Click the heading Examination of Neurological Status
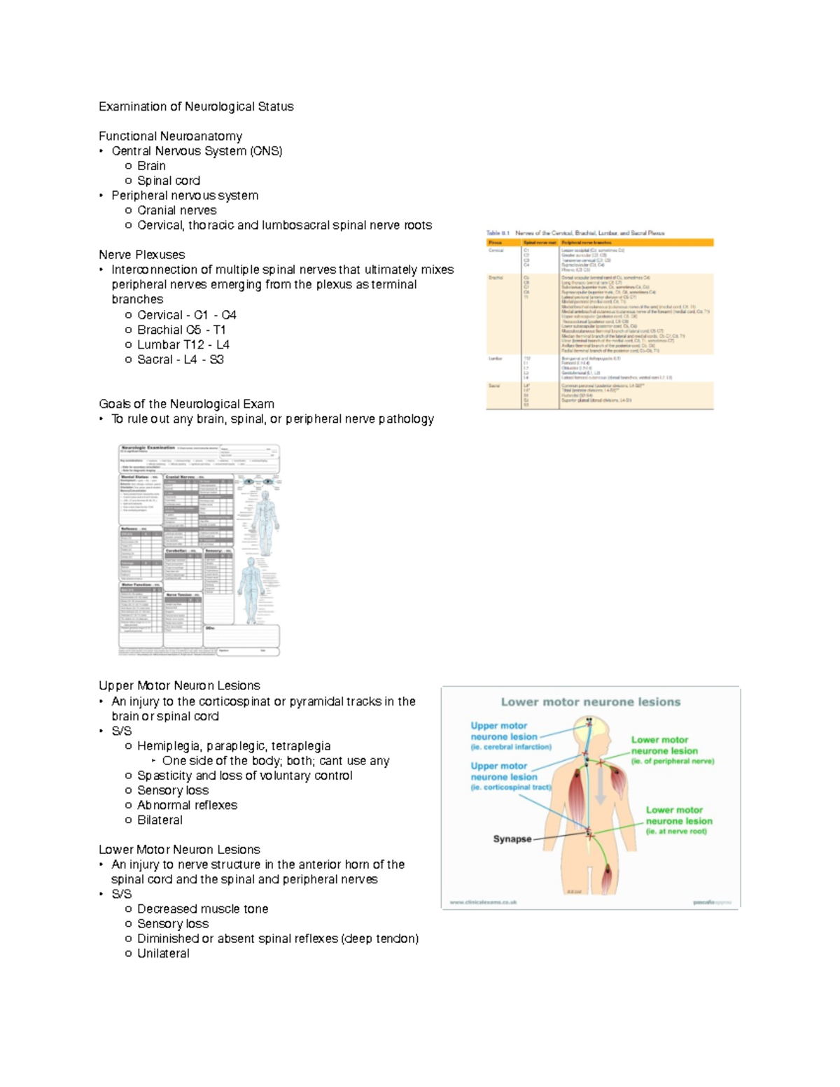(196, 106)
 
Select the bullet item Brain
(151, 166)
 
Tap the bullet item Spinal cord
(168, 181)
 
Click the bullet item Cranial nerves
(176, 210)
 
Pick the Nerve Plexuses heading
(142, 255)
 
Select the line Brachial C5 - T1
(181, 330)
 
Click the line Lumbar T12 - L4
(183, 344)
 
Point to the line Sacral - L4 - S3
(180, 359)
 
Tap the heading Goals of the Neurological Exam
(186, 404)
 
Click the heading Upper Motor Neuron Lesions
(179, 685)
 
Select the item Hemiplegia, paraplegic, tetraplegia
(234, 746)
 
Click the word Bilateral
(160, 820)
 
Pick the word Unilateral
(163, 953)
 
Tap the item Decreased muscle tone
(202, 909)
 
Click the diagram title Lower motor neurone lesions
(590, 702)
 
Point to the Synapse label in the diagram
(512, 839)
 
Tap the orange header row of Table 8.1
(600, 242)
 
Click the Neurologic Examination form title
(148, 448)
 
